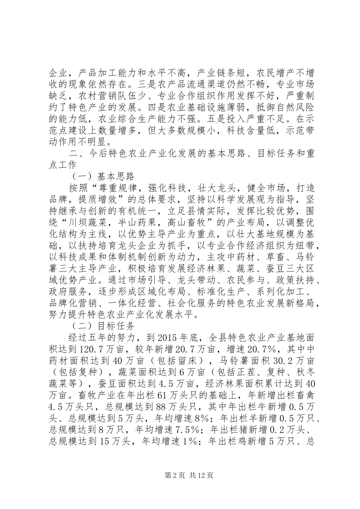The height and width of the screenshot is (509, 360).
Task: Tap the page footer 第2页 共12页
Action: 180,475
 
